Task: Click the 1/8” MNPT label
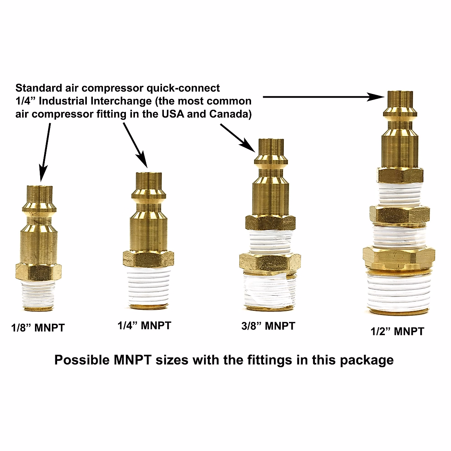coord(38,327)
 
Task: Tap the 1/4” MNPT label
coord(144,325)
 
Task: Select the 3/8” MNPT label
coord(268,326)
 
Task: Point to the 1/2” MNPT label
coord(397,331)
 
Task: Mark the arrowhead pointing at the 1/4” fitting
coord(143,161)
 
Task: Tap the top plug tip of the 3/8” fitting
coord(269,145)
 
